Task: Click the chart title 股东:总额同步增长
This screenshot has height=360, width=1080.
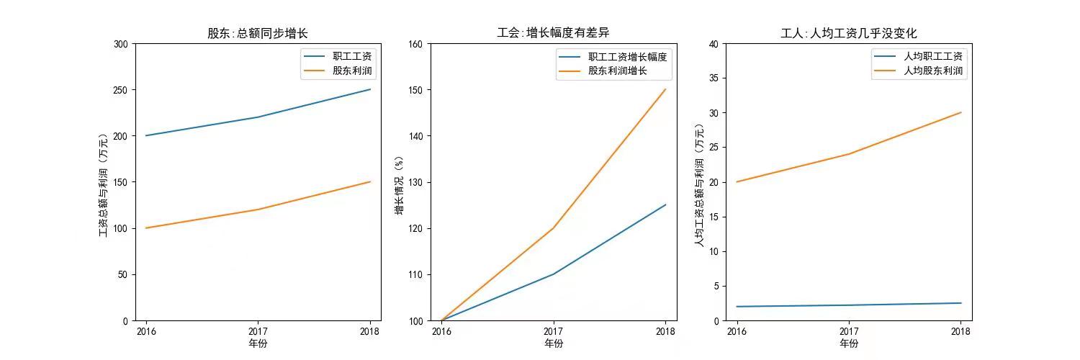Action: click(258, 33)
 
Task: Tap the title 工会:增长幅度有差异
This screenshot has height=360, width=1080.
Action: click(553, 33)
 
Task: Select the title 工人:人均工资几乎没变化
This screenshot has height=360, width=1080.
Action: click(848, 33)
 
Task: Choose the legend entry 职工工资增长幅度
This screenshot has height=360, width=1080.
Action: click(627, 56)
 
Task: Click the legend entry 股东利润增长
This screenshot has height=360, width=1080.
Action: click(617, 71)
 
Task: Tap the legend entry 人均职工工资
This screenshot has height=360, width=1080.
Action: click(932, 56)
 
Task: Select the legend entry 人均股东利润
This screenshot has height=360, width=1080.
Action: click(932, 71)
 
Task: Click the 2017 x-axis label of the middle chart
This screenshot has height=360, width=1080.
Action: click(553, 332)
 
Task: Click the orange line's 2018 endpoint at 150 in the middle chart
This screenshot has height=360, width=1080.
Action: click(665, 90)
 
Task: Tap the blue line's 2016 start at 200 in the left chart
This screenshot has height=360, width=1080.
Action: click(146, 135)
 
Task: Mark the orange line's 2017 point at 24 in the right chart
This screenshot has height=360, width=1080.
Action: click(849, 154)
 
